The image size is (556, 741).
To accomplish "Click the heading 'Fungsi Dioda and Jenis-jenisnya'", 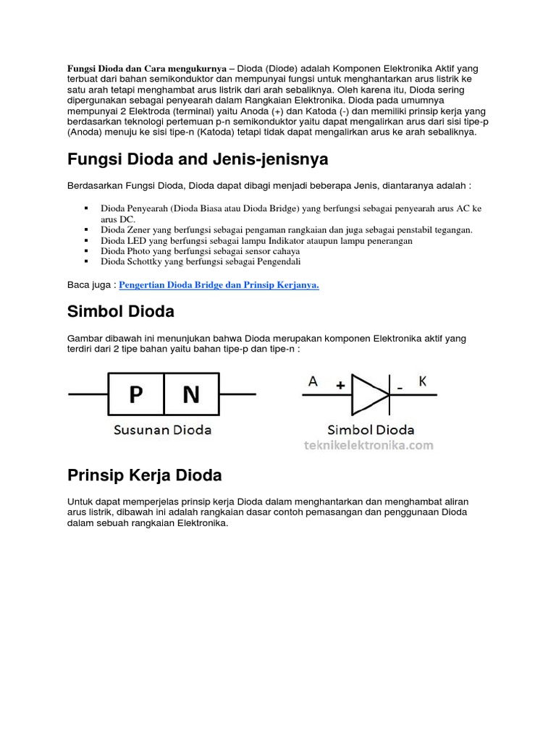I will click(197, 158).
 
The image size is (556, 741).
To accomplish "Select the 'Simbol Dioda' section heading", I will click(121, 312).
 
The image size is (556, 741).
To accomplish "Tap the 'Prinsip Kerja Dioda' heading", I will click(144, 475).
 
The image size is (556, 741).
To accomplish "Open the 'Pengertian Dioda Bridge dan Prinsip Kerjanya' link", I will click(219, 285).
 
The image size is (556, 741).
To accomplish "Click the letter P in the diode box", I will click(135, 394).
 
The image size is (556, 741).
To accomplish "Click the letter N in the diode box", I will click(191, 394).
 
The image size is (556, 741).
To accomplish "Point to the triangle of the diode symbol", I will click(368, 394).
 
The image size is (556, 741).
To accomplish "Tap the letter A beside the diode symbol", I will click(313, 381).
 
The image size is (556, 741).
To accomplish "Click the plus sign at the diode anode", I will click(340, 386).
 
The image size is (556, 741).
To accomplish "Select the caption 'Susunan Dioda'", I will click(163, 430).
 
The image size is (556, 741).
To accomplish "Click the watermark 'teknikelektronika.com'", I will click(368, 446).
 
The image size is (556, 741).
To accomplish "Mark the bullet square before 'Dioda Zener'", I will click(86, 229).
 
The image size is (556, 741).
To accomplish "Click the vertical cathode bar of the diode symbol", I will click(390, 394).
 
